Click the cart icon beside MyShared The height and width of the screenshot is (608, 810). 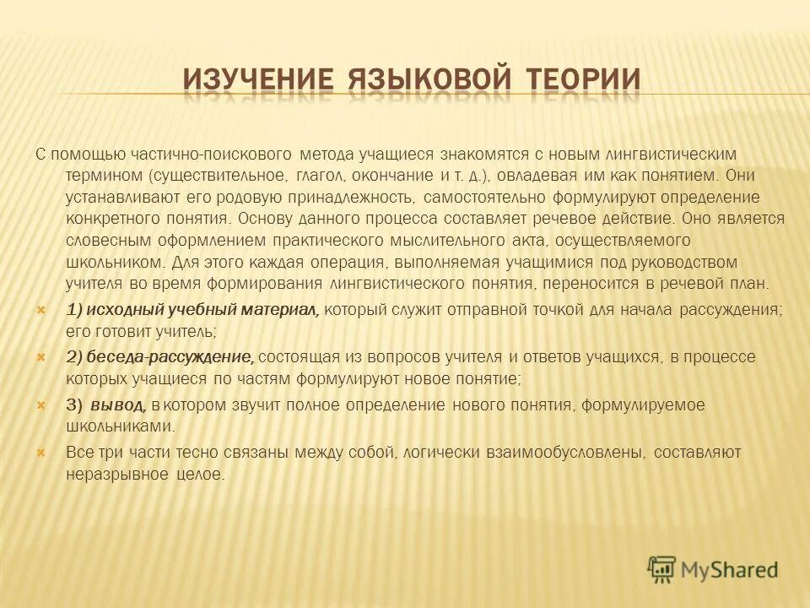pyautogui.click(x=661, y=569)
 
